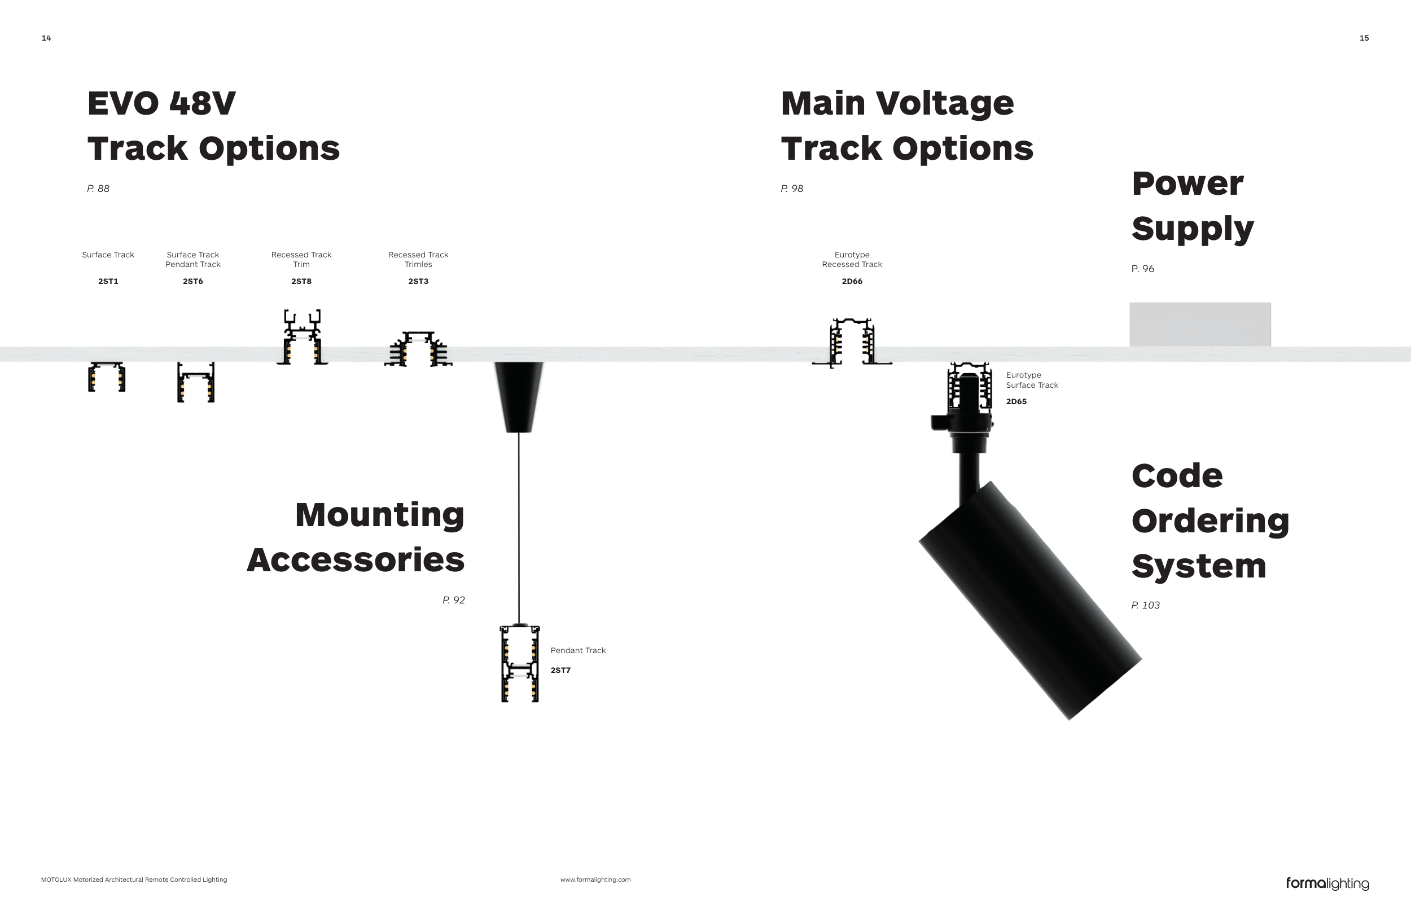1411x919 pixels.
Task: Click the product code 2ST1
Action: coord(108,282)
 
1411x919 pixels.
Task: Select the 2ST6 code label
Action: coord(192,282)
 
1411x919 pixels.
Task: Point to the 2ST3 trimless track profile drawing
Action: coord(419,349)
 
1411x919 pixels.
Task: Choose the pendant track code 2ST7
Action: coord(560,671)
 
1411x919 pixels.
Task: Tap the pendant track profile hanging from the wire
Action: coord(520,663)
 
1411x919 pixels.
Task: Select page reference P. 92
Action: coord(454,600)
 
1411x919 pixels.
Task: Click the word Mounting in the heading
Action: coord(379,515)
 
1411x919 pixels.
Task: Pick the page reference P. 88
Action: coord(98,189)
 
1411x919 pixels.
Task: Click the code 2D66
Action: coord(852,282)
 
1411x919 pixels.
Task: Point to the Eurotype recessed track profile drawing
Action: coord(852,342)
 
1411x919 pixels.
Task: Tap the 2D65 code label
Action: coord(1016,401)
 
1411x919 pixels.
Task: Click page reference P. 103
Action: coord(1145,605)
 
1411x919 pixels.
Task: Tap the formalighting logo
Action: coord(1327,883)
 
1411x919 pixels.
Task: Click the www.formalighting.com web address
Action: coord(595,880)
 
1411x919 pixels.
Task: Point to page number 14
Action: coord(46,38)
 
